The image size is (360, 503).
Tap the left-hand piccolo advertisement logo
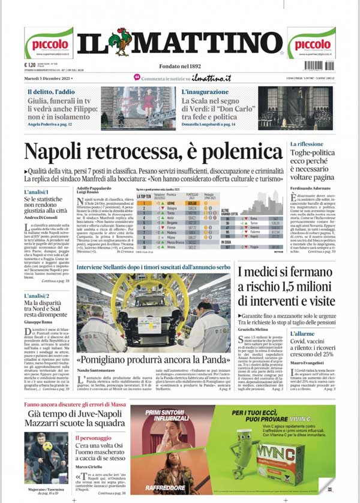tap(49, 43)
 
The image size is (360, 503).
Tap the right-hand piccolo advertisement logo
tap(311, 43)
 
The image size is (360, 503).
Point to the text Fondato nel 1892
tap(179, 66)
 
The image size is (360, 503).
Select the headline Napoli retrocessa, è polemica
tap(152, 152)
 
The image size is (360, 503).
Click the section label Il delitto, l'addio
tap(50, 92)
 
